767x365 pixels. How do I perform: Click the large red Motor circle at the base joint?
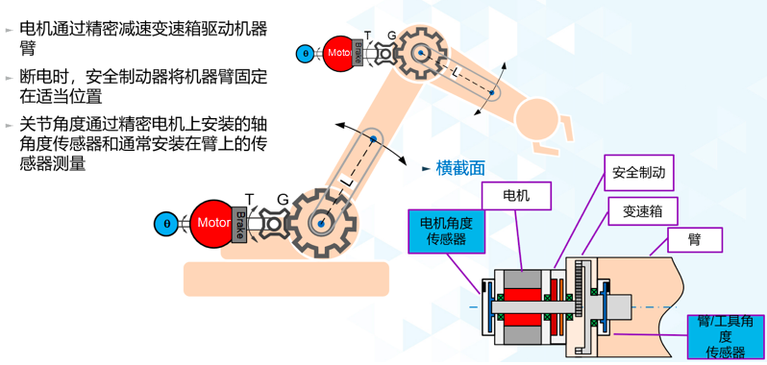coord(213,223)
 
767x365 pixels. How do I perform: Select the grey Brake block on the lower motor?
coord(240,223)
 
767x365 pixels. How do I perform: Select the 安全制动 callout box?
coord(638,175)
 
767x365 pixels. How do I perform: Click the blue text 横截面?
coord(460,168)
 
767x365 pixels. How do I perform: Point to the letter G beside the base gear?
coord(283,199)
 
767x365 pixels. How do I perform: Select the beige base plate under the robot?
coord(285,279)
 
